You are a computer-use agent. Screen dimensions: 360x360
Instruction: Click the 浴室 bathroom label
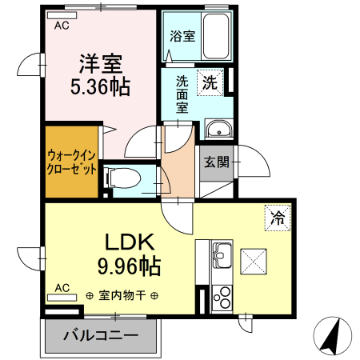(x=182, y=36)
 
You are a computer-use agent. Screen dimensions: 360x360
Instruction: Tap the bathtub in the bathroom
(x=215, y=37)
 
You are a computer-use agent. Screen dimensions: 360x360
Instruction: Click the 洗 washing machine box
(x=210, y=82)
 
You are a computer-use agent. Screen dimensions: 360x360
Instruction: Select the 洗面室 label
(x=182, y=94)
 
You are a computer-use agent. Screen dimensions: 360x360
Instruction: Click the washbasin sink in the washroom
(x=217, y=130)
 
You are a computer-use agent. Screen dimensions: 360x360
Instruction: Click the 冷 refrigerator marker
(x=278, y=216)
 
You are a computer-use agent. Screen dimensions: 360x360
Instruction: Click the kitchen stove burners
(x=221, y=298)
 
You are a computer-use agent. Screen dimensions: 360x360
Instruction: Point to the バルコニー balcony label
(x=100, y=334)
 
